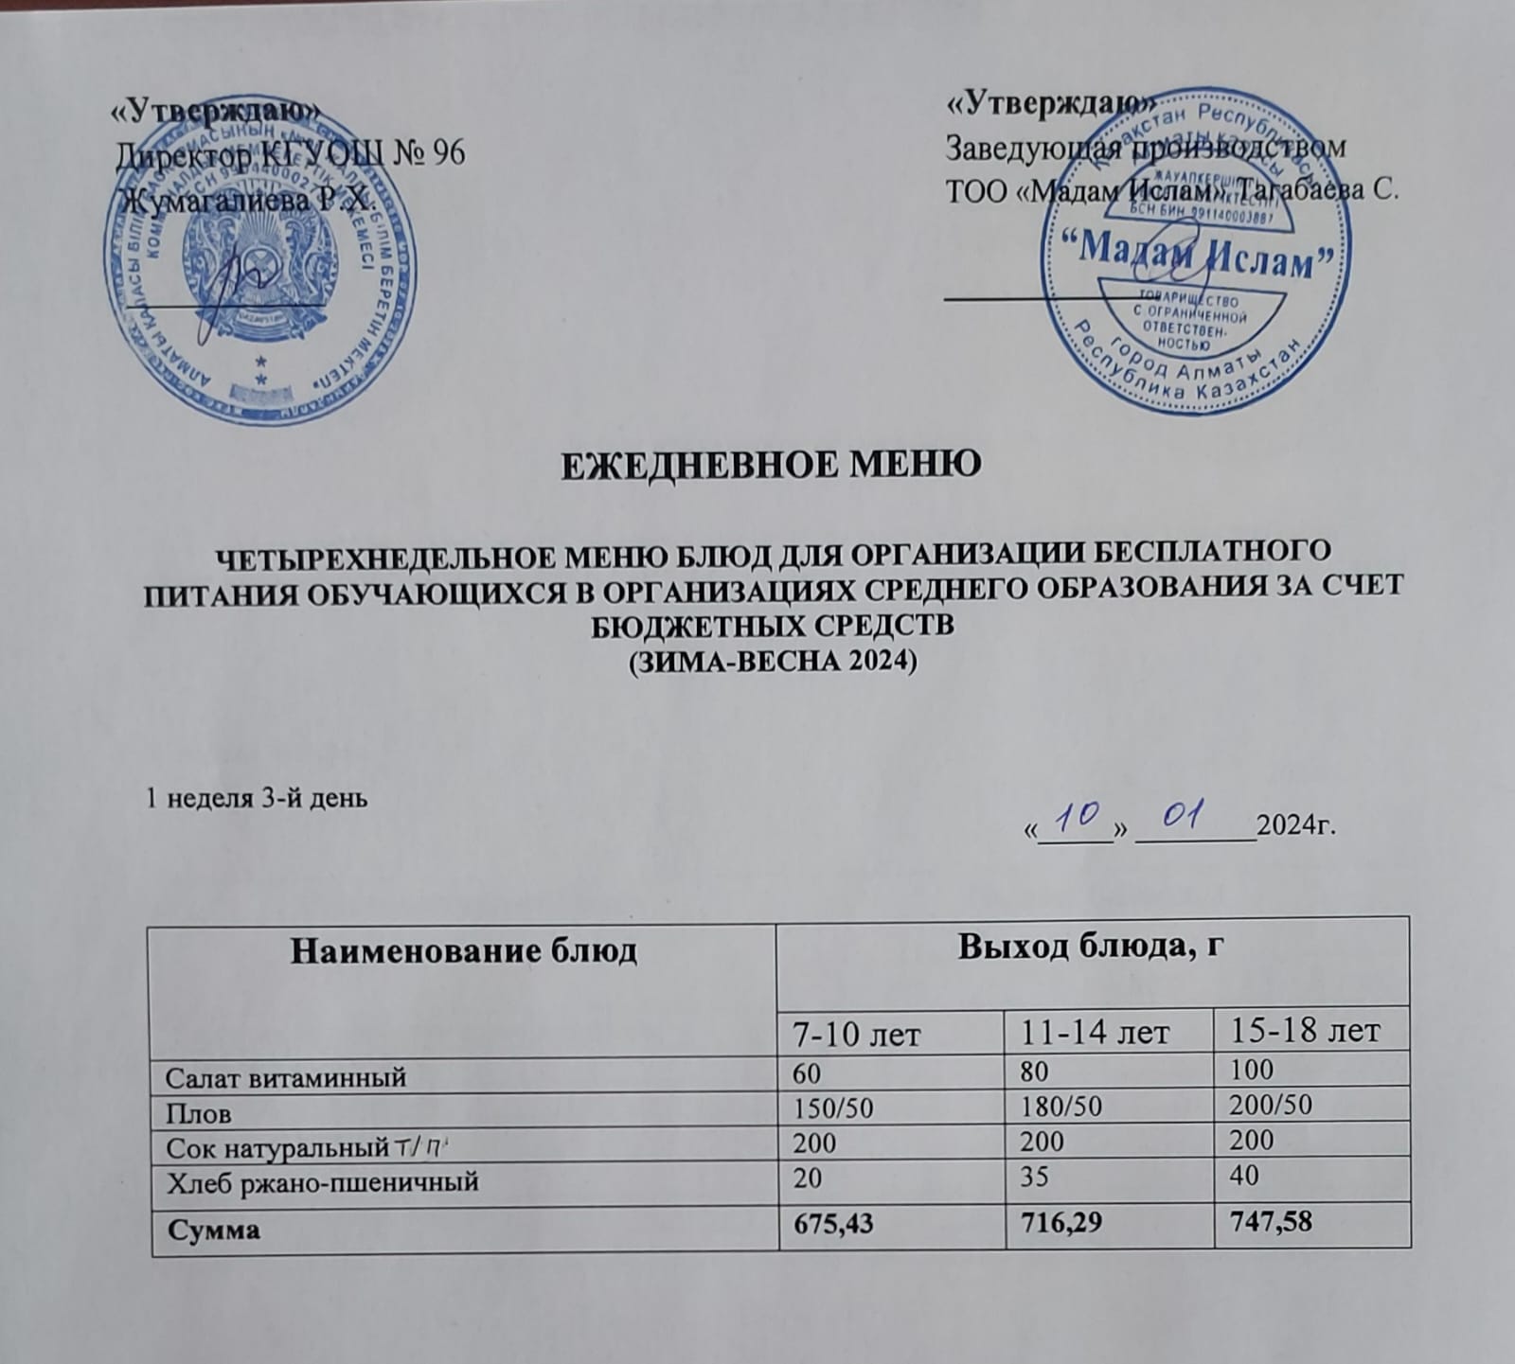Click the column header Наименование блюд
tap(463, 950)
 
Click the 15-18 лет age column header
tap(1306, 1030)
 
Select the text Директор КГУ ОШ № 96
tap(290, 153)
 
